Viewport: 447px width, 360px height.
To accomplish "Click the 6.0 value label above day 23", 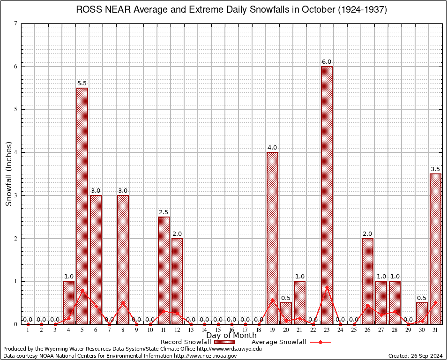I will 327,62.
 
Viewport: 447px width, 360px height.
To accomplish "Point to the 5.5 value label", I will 82,83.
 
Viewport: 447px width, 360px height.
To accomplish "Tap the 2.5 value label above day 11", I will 164,212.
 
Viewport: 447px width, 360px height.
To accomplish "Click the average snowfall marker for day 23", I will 327,287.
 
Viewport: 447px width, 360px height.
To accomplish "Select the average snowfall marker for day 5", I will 82,290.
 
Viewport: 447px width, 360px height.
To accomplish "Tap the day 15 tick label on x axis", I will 218,330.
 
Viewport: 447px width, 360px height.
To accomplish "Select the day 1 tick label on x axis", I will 28,330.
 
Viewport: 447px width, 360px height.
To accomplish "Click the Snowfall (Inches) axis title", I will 8,174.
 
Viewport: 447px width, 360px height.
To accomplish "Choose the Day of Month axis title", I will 231,336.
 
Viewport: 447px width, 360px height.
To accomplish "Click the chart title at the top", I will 231,10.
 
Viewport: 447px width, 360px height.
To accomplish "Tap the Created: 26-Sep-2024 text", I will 416,356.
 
